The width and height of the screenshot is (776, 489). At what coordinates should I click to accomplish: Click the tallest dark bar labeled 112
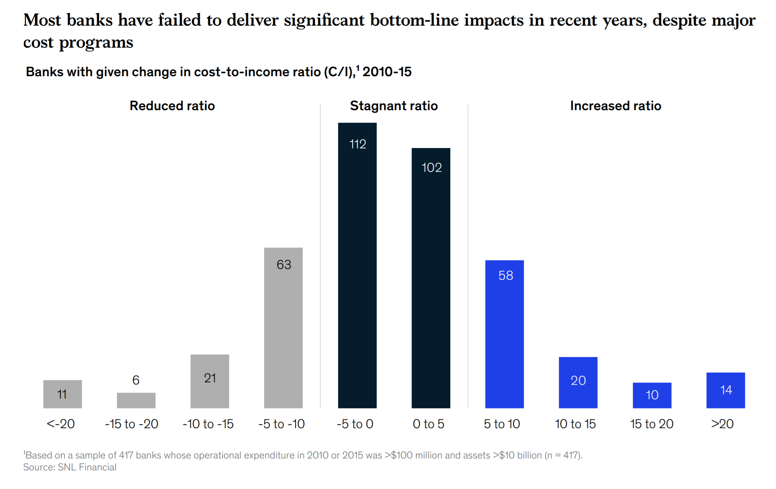coord(357,265)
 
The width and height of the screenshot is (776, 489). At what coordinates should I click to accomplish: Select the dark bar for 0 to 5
coord(431,278)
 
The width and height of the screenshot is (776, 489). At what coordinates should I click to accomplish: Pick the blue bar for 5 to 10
coord(504,334)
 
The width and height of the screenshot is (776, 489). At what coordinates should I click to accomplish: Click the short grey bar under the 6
coord(136,400)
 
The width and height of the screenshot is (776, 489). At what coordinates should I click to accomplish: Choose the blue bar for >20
coord(725,390)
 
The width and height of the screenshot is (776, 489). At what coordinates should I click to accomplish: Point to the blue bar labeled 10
coord(652,395)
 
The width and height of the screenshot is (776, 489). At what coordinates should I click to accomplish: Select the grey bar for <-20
coord(62,394)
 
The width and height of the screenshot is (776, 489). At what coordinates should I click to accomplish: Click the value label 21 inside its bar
coord(210,378)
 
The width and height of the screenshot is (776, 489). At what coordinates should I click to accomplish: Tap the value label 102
coord(431,167)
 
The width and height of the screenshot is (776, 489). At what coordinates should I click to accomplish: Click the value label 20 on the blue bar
coord(578,380)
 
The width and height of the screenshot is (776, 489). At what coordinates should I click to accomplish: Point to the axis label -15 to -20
coord(132,424)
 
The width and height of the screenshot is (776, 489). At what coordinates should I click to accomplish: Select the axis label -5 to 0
coord(355,424)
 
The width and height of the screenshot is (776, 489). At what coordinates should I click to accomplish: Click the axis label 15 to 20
coord(652,424)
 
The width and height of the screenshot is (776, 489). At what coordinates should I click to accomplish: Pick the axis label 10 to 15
coord(575,424)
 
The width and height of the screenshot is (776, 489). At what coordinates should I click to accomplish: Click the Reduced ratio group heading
coord(172,106)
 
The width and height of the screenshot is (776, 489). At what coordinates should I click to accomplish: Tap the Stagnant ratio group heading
coord(394,106)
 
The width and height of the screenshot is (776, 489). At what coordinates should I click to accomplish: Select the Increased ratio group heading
coord(615,106)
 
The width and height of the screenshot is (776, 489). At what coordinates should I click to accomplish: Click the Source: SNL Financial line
coord(70,467)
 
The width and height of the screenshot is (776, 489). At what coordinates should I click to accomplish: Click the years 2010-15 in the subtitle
coord(387,72)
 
